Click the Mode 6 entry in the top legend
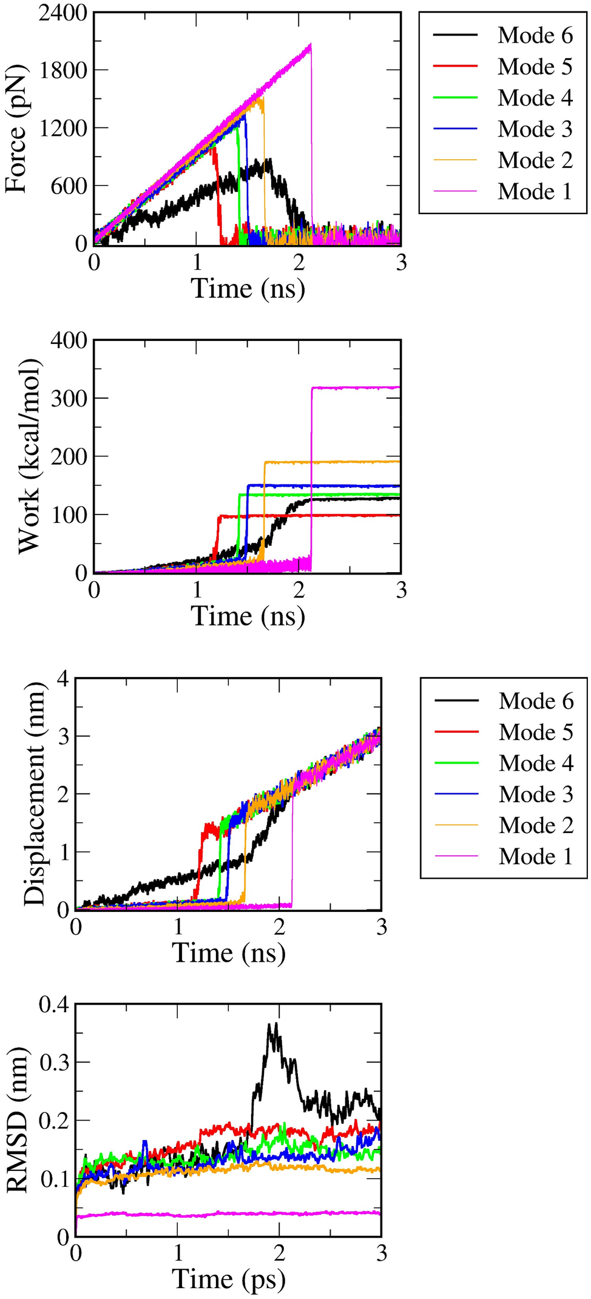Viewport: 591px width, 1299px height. click(535, 36)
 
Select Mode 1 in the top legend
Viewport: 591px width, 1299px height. click(535, 192)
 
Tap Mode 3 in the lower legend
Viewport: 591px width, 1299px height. click(536, 794)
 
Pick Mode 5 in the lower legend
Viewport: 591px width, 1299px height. click(536, 732)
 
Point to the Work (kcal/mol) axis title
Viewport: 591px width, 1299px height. click(29, 456)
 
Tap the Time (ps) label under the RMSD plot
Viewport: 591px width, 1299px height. click(229, 1278)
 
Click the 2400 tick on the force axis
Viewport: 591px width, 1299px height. click(63, 13)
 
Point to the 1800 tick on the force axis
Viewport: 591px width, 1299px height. click(63, 70)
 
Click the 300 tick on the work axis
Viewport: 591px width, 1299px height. click(72, 398)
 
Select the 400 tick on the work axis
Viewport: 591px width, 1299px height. click(72, 340)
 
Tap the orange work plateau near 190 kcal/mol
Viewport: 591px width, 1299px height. click(340, 462)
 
